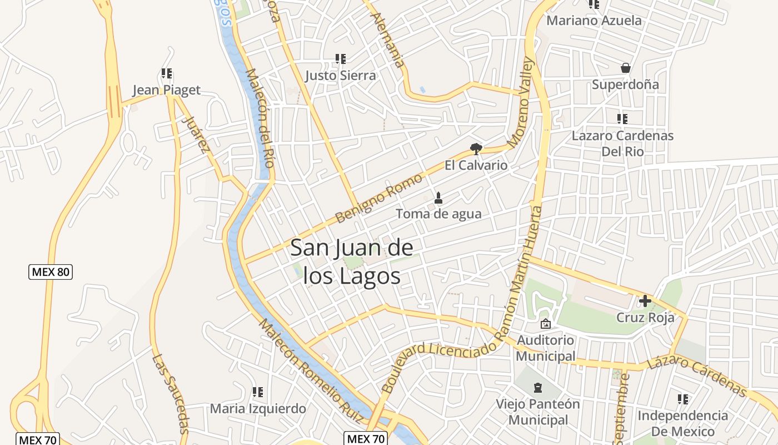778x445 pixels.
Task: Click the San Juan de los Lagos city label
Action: (352, 261)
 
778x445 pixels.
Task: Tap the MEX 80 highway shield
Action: (51, 272)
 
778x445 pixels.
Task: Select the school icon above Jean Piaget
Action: (166, 73)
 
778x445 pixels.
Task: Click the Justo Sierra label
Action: (341, 76)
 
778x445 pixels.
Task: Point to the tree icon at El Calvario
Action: (476, 149)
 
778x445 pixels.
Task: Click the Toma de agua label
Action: (438, 214)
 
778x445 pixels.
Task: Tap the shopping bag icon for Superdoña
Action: (626, 68)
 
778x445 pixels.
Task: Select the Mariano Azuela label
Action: (594, 21)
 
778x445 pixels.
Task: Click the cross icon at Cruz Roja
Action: (645, 301)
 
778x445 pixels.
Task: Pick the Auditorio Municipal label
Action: (546, 348)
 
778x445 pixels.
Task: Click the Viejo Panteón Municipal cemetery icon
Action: (537, 387)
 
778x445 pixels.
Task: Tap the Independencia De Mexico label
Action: (682, 423)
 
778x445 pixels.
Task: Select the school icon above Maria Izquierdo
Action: (257, 392)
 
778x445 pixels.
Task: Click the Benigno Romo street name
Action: (379, 198)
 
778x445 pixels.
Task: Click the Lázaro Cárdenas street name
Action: (697, 377)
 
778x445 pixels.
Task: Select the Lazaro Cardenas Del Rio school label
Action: (622, 144)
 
